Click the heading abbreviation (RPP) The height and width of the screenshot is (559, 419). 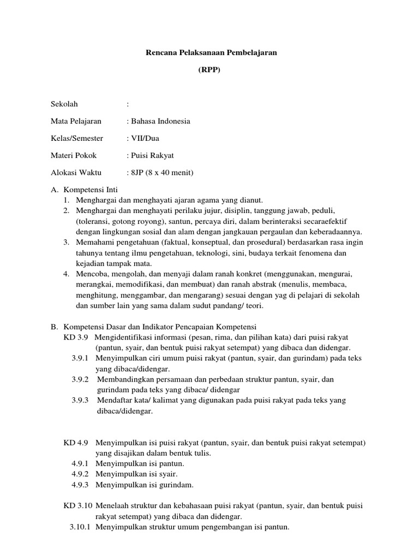(x=209, y=70)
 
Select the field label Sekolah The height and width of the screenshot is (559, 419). (x=64, y=104)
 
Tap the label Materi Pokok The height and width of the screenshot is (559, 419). (x=74, y=156)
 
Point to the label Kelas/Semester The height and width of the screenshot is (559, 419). (x=77, y=139)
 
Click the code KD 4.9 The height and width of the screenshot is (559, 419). (x=76, y=442)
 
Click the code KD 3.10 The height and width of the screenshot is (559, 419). (x=77, y=506)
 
